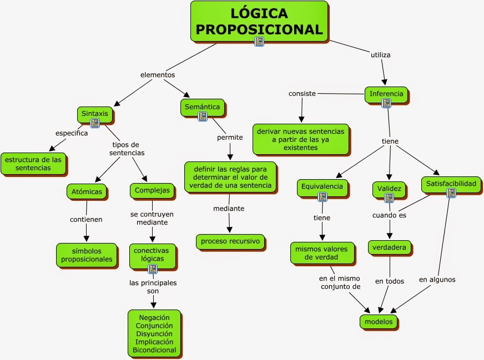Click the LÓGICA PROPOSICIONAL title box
point(259,21)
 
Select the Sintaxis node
point(95,114)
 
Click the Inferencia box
point(386,94)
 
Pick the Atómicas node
point(87,191)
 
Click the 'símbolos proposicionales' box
point(87,255)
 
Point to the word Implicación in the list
point(154,342)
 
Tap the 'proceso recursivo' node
point(230,241)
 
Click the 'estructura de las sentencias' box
point(33,164)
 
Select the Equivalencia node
point(322,187)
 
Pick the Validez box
point(389,188)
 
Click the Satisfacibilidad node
point(451,183)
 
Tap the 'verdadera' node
point(390,247)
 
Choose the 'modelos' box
point(379,321)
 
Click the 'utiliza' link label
point(380,55)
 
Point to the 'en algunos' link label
point(437,280)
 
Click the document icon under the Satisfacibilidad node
point(451,193)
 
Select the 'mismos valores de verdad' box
point(321,252)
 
